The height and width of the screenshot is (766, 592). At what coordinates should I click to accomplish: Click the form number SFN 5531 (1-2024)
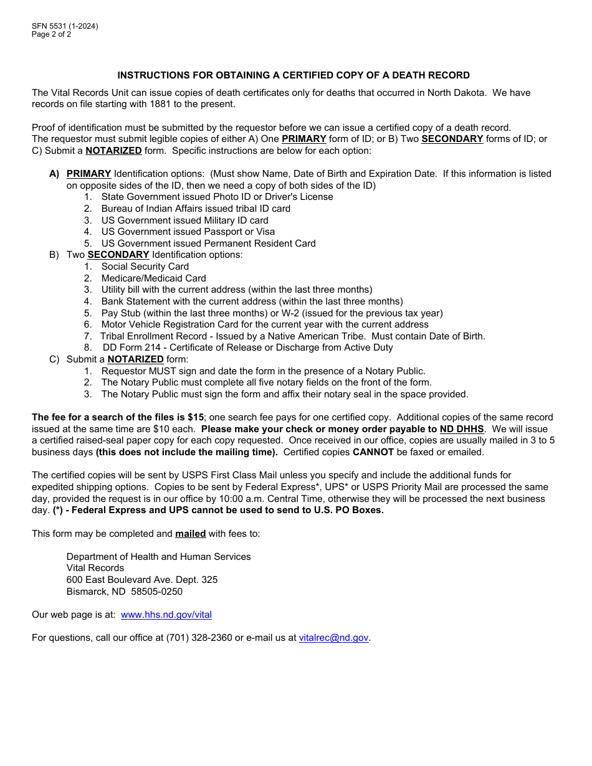65,26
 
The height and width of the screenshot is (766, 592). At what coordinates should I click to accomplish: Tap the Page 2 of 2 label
51,34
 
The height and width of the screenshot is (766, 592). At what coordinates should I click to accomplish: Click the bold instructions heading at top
294,75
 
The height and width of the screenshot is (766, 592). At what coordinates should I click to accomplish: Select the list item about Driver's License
217,197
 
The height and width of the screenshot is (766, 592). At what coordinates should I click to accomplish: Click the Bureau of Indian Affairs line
196,209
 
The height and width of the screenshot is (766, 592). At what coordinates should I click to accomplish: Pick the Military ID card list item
184,220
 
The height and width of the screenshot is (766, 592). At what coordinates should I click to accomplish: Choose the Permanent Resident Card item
208,244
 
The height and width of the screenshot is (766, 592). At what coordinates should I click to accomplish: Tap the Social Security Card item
145,267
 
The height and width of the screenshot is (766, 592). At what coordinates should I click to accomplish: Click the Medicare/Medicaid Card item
153,278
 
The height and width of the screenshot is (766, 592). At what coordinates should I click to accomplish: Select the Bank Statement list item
252,301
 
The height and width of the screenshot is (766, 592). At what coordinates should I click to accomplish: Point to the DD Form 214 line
247,348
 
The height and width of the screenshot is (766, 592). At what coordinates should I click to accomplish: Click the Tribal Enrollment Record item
292,336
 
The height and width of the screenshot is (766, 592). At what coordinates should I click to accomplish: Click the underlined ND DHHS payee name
462,429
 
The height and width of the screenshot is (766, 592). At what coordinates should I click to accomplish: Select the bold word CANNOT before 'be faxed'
373,452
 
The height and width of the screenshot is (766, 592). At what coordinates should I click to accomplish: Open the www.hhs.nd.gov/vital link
166,615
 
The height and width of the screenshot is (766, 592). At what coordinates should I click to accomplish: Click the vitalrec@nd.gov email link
334,638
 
